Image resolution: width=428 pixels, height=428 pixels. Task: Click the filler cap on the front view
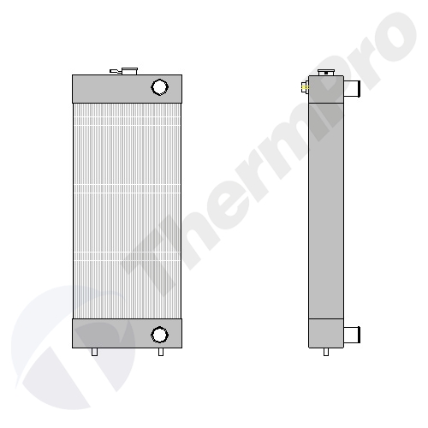(x=129, y=71)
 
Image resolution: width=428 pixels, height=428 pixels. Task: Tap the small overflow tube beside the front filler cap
(x=116, y=71)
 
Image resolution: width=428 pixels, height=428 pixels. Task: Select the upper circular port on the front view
(x=159, y=87)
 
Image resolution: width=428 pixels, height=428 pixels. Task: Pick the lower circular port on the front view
(x=159, y=335)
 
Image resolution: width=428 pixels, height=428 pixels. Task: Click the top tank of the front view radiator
(x=127, y=89)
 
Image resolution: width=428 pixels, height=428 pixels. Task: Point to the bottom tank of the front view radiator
(x=127, y=334)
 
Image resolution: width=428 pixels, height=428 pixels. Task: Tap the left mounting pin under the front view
(x=94, y=352)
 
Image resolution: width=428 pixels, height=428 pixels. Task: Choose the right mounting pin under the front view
(x=161, y=352)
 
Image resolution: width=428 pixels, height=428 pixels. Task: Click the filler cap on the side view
(x=326, y=73)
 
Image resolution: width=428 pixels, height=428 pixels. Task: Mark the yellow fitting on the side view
(x=305, y=86)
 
